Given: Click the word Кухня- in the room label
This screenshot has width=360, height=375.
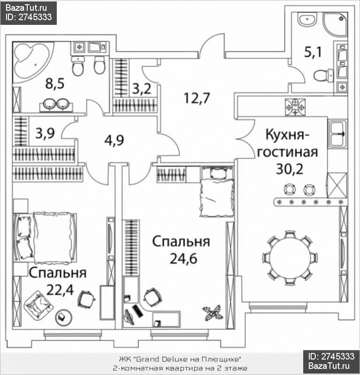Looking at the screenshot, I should click(285, 135).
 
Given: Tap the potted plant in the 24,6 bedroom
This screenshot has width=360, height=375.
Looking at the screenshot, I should click(212, 312).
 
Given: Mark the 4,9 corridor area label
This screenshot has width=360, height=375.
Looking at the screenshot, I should click(114, 140).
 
